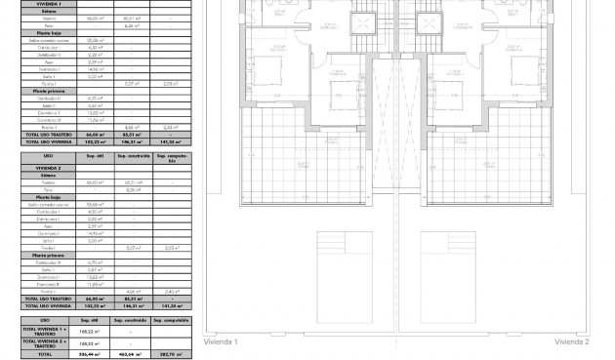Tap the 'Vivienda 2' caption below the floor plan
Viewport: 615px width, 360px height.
point(572,341)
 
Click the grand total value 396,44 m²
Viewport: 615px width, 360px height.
point(89,354)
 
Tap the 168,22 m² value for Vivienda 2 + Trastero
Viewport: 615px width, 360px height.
point(89,343)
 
